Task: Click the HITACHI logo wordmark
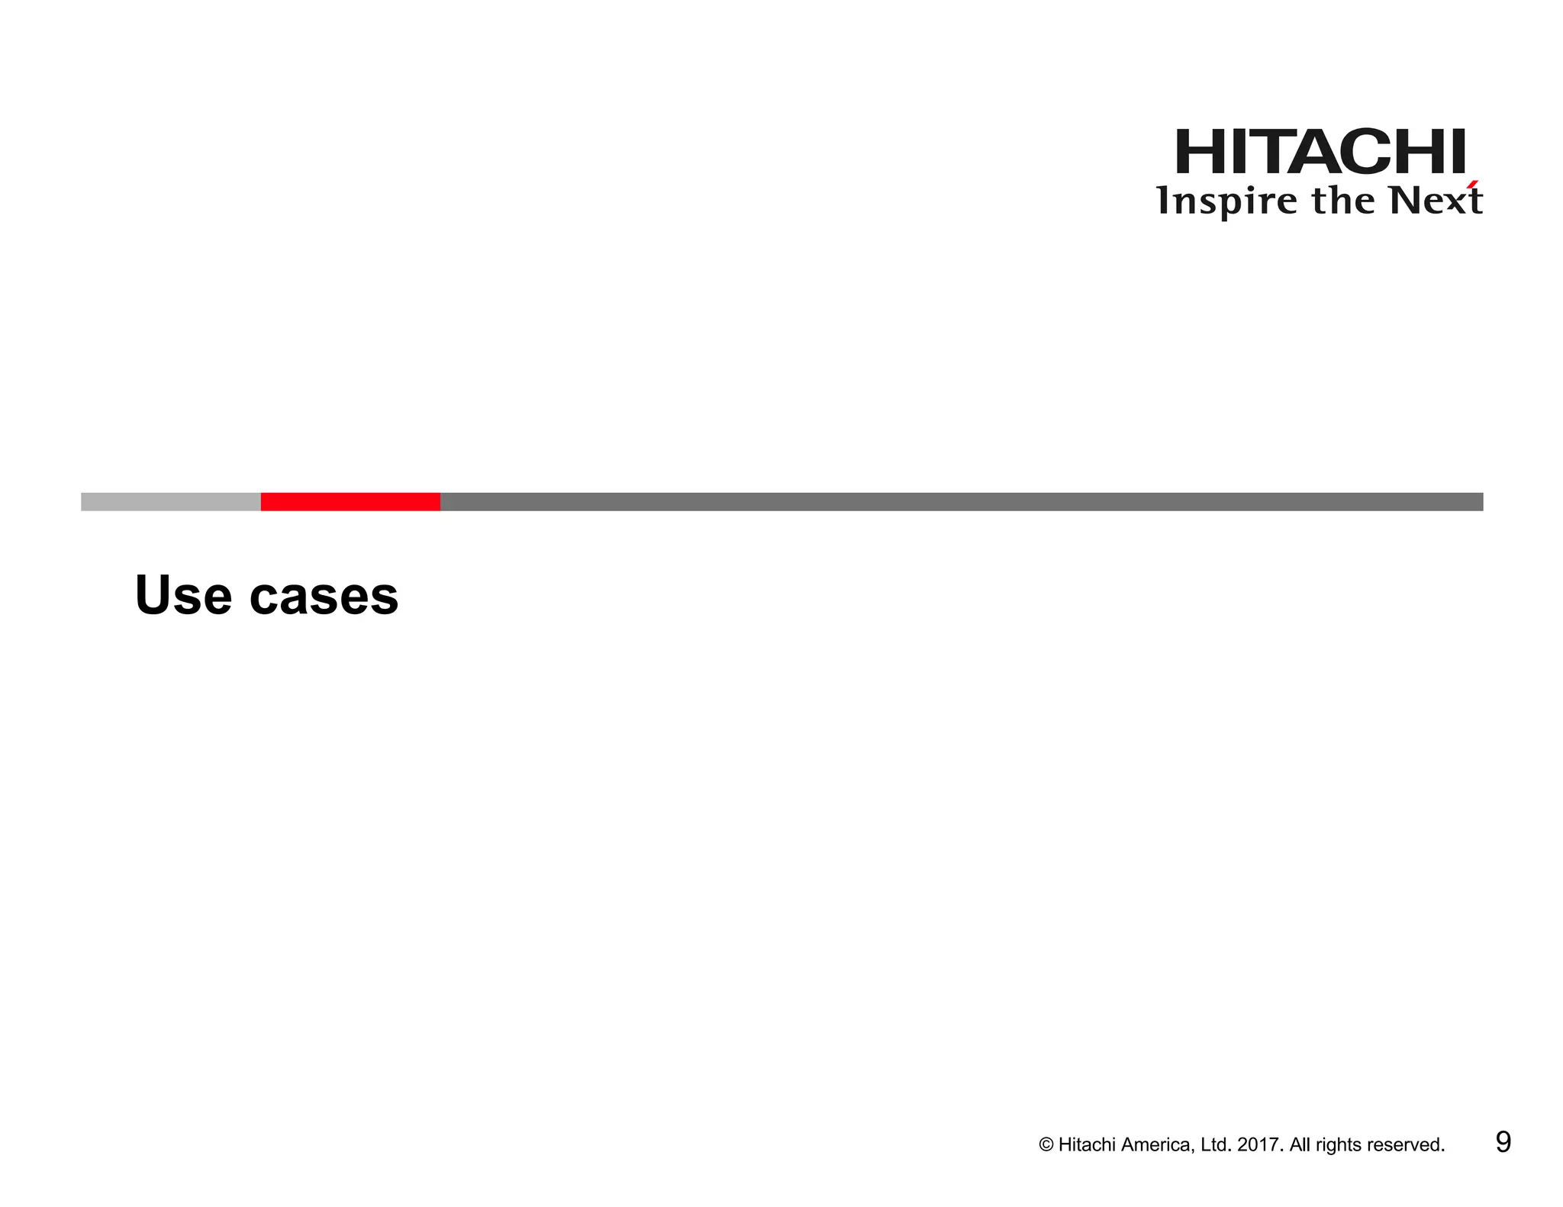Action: pyautogui.click(x=1320, y=152)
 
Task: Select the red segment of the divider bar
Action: pyautogui.click(x=350, y=501)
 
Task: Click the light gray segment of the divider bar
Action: pyautogui.click(x=170, y=501)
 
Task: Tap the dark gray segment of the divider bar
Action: pyautogui.click(x=962, y=501)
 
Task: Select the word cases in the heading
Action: pyautogui.click(x=324, y=597)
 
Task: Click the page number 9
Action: pyautogui.click(x=1503, y=1142)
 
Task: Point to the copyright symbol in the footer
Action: pyautogui.click(x=1046, y=1145)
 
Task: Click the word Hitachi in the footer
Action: pyautogui.click(x=1086, y=1145)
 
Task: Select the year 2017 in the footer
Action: pyautogui.click(x=1259, y=1145)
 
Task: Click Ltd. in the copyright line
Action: pyautogui.click(x=1215, y=1145)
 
